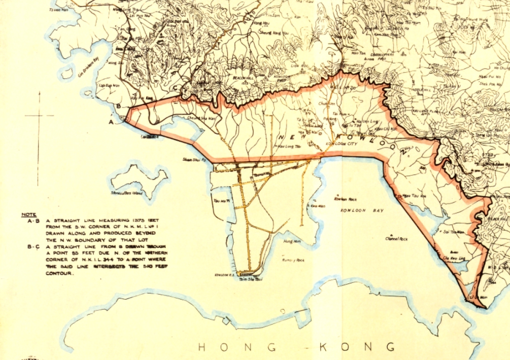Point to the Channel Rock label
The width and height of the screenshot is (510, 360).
tap(397, 238)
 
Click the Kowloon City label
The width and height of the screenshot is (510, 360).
tap(342, 144)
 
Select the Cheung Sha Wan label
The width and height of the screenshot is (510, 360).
tap(188, 119)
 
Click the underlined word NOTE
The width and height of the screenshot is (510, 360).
tap(28, 214)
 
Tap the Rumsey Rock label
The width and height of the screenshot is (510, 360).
tap(293, 260)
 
